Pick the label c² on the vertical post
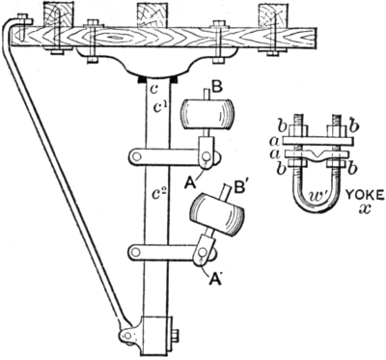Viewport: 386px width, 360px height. coord(159,194)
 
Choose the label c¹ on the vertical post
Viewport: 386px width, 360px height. coord(159,107)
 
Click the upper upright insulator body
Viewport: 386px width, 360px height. coord(207,114)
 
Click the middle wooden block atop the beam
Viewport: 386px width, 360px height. coord(152,15)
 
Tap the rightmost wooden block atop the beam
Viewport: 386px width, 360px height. coord(274,15)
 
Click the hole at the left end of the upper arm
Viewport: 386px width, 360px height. coord(137,156)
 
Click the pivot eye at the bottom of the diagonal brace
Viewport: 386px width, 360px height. coord(127,336)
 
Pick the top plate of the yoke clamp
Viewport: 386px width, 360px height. coord(318,141)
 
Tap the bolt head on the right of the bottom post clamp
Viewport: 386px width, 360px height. coord(176,337)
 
